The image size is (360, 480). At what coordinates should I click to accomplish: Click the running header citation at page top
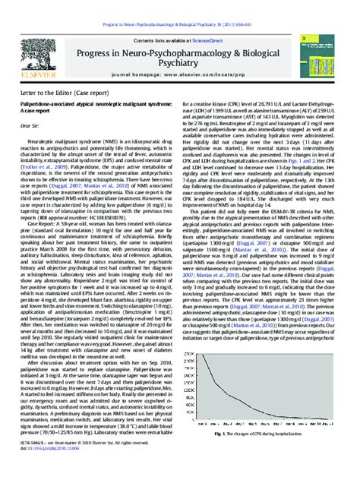pos(181,5)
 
